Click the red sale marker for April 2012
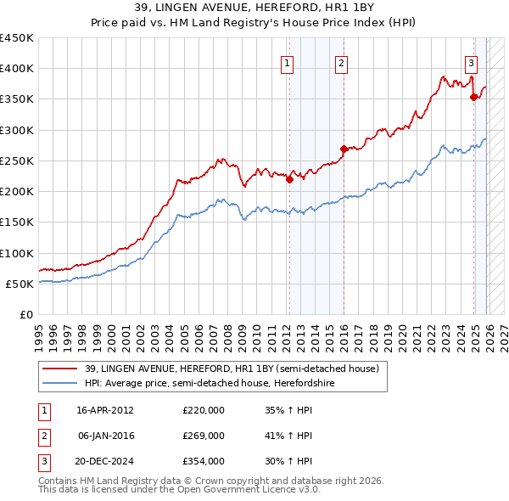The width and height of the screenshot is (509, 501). (x=289, y=179)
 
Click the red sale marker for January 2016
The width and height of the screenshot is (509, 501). (x=344, y=149)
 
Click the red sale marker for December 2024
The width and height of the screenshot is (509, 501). (x=473, y=97)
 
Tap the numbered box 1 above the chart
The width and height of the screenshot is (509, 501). (x=288, y=62)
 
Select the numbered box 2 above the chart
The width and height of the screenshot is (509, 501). (x=341, y=62)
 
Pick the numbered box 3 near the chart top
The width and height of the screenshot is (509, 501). (x=471, y=62)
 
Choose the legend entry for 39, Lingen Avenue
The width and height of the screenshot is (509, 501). (x=236, y=368)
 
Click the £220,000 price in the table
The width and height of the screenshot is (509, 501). (x=203, y=410)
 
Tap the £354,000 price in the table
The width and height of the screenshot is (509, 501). (x=203, y=461)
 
